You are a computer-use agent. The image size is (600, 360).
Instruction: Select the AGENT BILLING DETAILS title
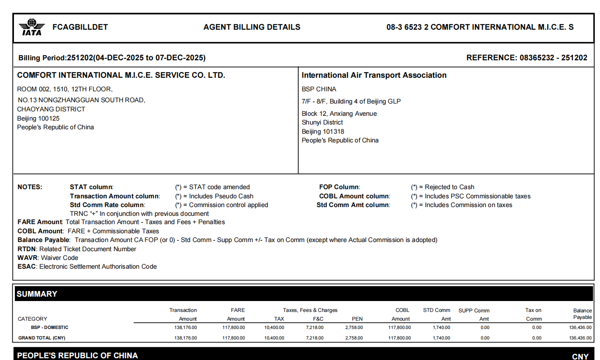(x=252, y=27)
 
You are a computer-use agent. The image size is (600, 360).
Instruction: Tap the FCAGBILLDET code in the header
(x=80, y=27)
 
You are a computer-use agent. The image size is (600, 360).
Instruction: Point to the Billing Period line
(x=112, y=58)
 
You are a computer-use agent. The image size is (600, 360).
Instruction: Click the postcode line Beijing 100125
(x=38, y=118)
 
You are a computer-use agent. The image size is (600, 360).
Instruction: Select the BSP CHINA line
(x=319, y=89)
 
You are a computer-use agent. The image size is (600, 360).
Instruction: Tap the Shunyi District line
(x=322, y=122)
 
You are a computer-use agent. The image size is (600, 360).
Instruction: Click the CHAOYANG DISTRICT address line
(x=51, y=109)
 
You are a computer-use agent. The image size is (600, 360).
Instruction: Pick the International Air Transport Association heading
(x=374, y=75)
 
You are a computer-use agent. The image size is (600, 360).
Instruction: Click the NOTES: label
(x=30, y=187)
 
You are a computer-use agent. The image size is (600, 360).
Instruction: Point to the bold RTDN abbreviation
(x=27, y=249)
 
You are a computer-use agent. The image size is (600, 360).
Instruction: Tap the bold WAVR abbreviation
(x=28, y=258)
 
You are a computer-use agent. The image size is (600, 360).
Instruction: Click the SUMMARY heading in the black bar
(x=37, y=294)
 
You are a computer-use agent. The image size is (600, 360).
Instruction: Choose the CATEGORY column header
(x=32, y=319)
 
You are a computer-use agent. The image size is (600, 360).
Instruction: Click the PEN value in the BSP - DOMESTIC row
(x=354, y=327)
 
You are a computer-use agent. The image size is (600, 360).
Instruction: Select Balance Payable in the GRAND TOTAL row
(x=580, y=338)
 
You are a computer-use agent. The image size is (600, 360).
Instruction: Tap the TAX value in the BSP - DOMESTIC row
(x=274, y=327)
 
